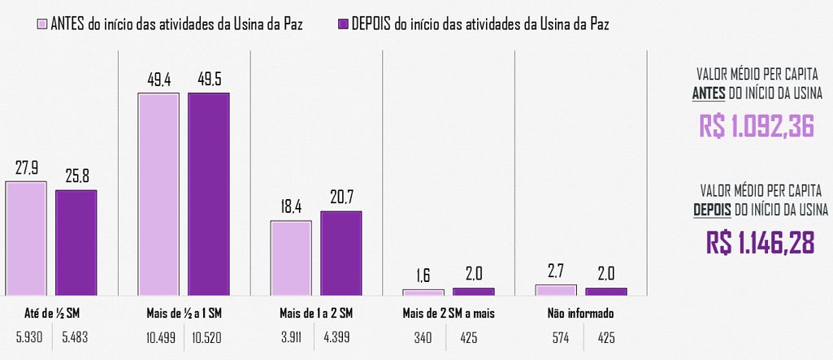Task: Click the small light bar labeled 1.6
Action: [423, 291]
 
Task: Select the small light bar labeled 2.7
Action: [555, 288]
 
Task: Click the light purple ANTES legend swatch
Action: [43, 24]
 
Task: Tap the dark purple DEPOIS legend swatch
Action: [343, 24]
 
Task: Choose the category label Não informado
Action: [580, 313]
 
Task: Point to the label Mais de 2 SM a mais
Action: [448, 313]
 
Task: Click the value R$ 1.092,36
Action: [756, 126]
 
